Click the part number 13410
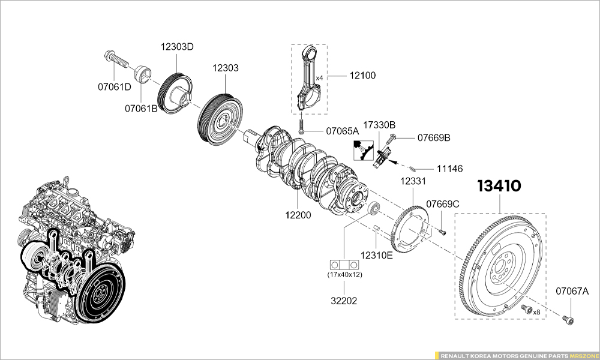499,186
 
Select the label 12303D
176,47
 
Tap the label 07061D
114,86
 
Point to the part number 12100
362,76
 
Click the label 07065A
342,131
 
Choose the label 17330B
379,125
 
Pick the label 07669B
433,138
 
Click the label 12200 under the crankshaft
298,214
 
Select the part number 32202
344,301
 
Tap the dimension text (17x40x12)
344,275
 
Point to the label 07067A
572,292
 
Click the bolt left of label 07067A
568,320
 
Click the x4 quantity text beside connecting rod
319,78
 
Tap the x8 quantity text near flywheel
537,312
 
